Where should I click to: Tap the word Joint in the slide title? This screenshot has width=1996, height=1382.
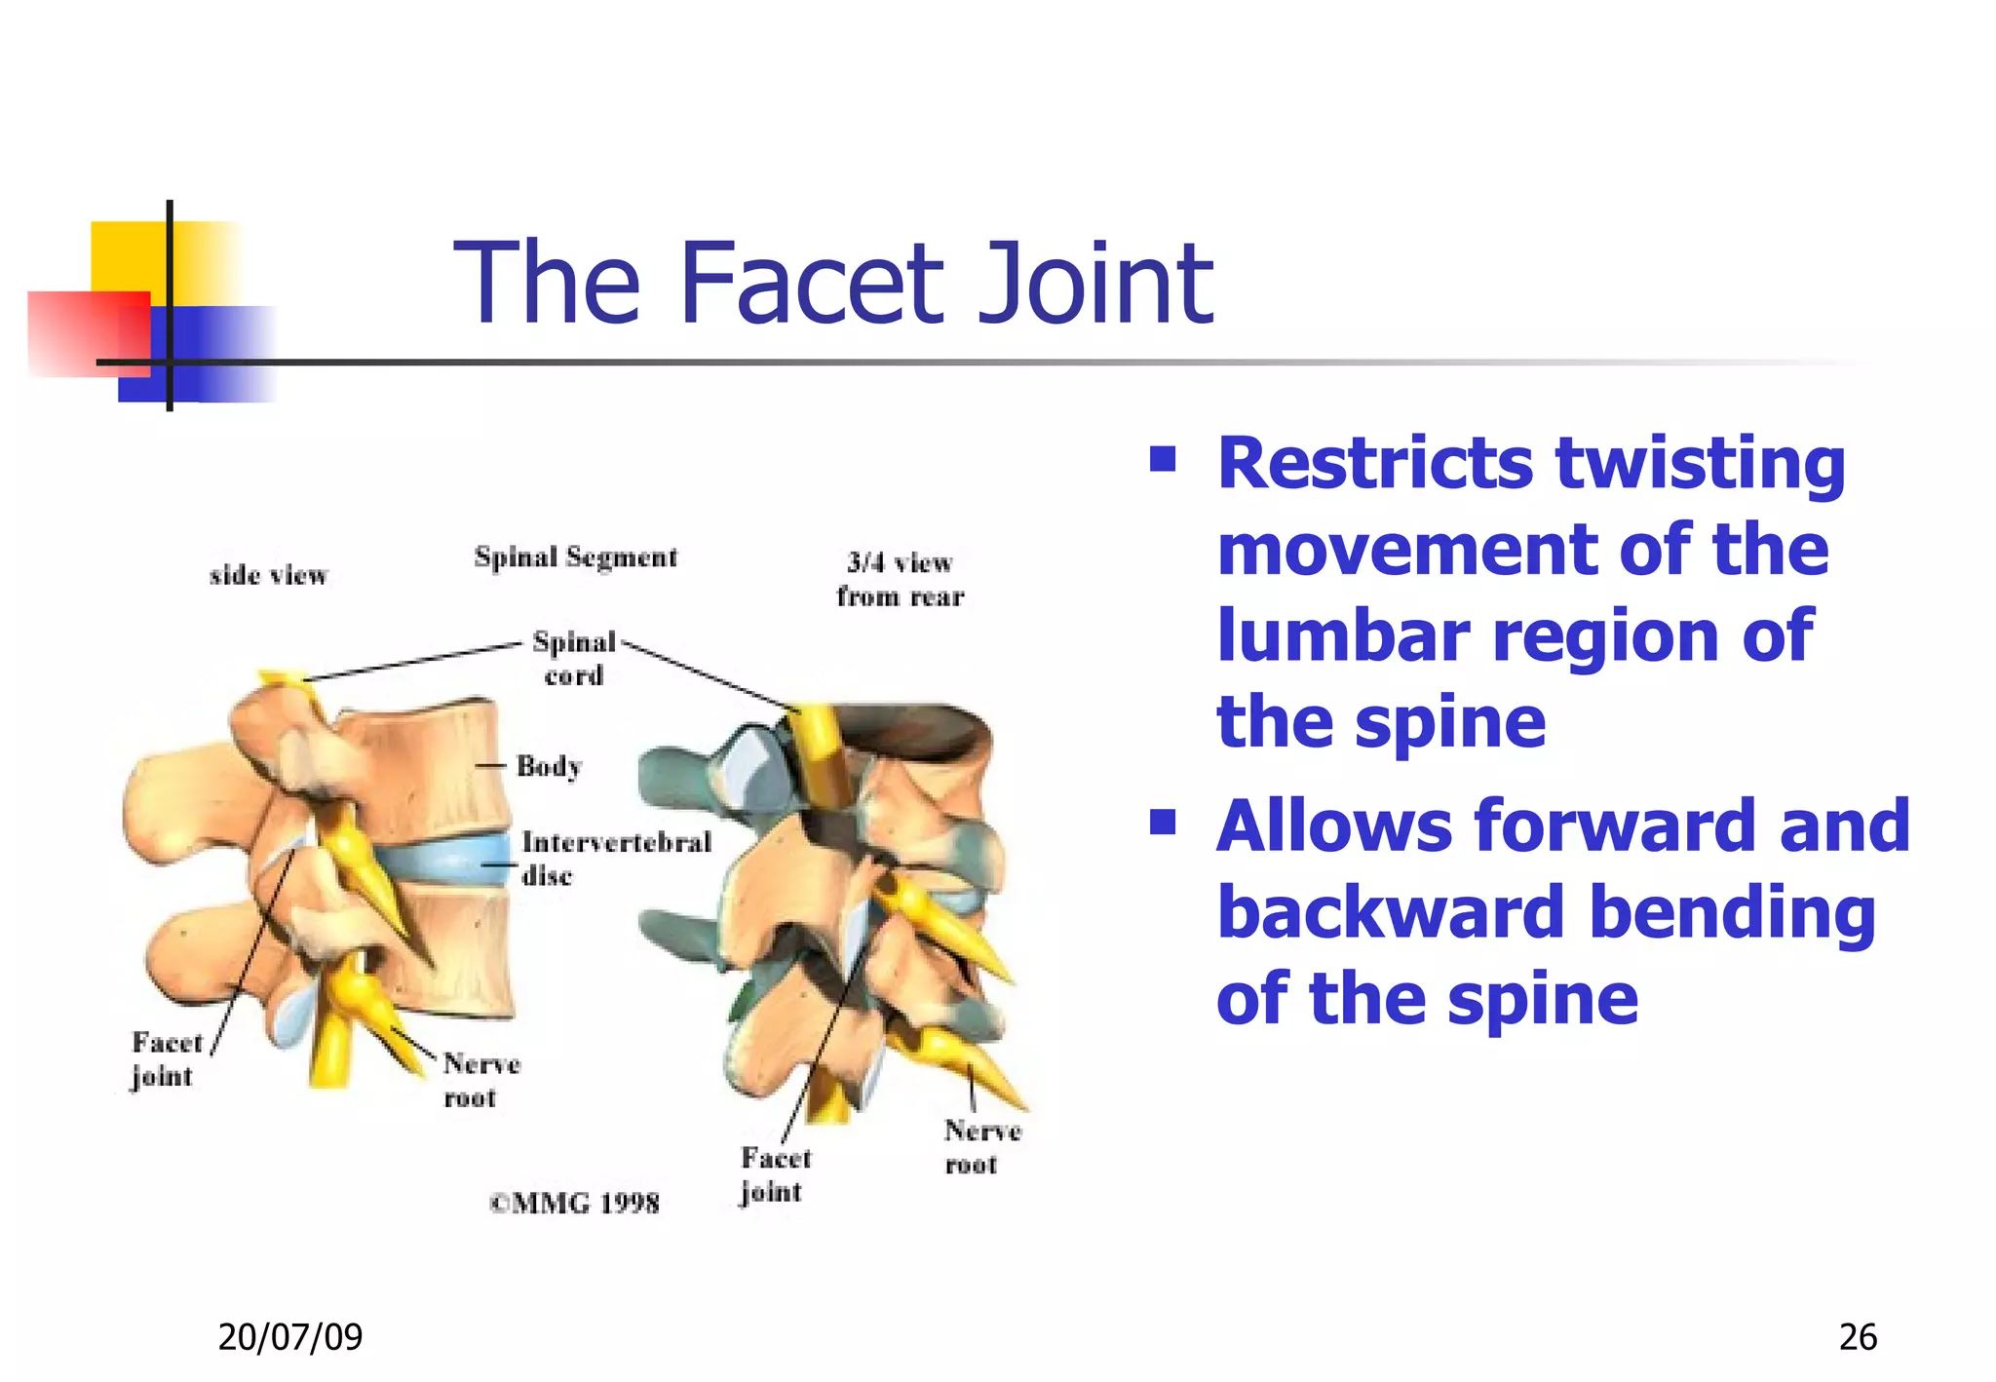1095,284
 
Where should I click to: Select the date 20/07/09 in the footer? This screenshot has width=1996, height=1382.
289,1336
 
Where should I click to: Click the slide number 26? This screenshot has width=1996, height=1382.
1857,1337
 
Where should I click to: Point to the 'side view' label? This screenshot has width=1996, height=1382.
268,575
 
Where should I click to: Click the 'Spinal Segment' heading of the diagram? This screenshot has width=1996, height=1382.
575,557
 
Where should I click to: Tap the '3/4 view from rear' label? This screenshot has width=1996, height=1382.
900,579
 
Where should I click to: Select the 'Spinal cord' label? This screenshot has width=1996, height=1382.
574,658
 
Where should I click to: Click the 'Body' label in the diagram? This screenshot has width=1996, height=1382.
549,766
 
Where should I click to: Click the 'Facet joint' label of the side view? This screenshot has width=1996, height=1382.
165,1059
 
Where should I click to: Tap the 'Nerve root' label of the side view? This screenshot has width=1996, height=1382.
481,1080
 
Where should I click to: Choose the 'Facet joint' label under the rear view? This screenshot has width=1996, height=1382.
774,1174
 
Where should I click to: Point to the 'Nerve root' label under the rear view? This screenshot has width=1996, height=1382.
981,1147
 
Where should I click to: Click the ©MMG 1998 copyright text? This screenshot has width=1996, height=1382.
575,1204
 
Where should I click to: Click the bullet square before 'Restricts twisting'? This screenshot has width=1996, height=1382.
1163,459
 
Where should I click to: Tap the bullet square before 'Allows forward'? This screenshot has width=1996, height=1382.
1163,824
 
